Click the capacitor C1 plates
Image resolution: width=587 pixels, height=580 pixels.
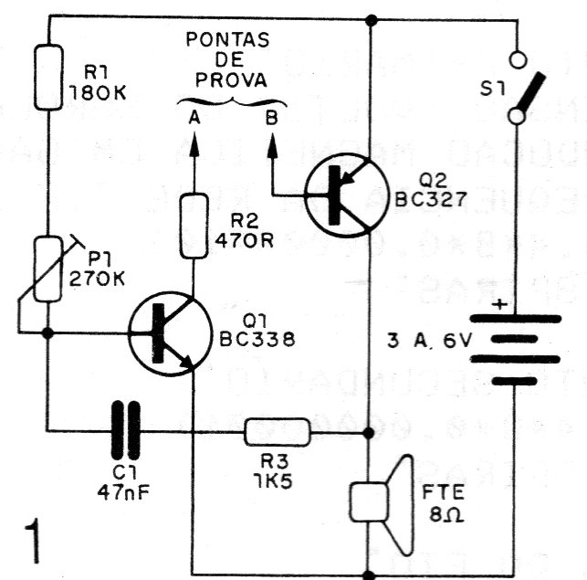click(x=126, y=430)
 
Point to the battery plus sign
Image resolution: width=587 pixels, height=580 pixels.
click(x=499, y=302)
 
